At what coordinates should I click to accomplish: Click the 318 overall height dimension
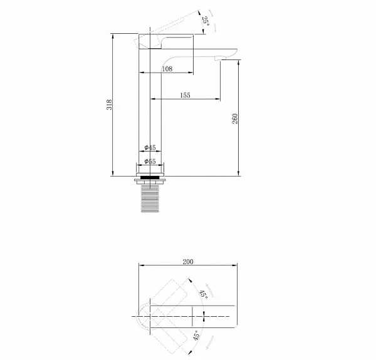pos(109,105)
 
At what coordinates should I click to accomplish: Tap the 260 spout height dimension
pos(235,118)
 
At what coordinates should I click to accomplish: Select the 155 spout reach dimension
pos(185,95)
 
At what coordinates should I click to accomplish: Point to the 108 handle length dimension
pos(167,69)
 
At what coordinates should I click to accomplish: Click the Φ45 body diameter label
pos(150,148)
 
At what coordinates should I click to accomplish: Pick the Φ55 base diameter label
pos(150,162)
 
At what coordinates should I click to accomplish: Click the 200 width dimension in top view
pos(188,262)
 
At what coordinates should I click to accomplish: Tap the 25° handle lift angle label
pos(206,21)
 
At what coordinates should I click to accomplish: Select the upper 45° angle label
pos(204,294)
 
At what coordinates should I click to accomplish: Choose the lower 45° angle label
pos(196,336)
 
